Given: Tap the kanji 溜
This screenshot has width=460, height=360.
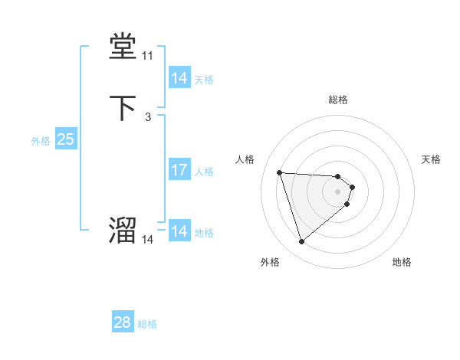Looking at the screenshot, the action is tap(123, 229).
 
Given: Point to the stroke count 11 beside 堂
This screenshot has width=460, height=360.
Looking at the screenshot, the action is tap(147, 57).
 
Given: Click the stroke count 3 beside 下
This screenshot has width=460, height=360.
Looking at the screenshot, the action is tap(147, 116).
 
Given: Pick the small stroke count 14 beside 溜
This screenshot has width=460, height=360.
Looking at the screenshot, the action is tap(147, 240).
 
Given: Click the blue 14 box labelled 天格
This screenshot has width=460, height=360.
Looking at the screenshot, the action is tap(179, 78).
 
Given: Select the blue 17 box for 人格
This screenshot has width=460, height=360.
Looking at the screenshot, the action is tap(179, 170).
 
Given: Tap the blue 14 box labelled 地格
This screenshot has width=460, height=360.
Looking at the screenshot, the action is tap(179, 231).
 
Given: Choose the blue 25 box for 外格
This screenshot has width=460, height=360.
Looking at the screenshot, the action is tap(65, 139).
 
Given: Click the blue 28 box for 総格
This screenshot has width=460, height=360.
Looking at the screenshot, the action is tap(123, 322).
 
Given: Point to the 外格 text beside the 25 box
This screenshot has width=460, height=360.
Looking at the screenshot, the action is tap(41, 141).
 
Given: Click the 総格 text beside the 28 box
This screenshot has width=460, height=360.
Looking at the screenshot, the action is tap(147, 324).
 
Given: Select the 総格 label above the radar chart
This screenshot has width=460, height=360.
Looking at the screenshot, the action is tap(338, 100).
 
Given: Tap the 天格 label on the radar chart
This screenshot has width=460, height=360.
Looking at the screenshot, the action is tap(431, 159).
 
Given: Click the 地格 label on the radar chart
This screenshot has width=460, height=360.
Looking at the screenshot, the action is tap(402, 263).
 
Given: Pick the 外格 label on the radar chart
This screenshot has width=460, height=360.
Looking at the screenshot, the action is tap(270, 263).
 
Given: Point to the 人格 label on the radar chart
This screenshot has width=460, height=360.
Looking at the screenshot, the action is tap(245, 159).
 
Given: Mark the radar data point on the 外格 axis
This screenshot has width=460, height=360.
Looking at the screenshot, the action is tap(301, 242).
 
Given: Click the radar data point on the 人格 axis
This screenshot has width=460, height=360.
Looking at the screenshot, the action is tap(280, 172).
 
